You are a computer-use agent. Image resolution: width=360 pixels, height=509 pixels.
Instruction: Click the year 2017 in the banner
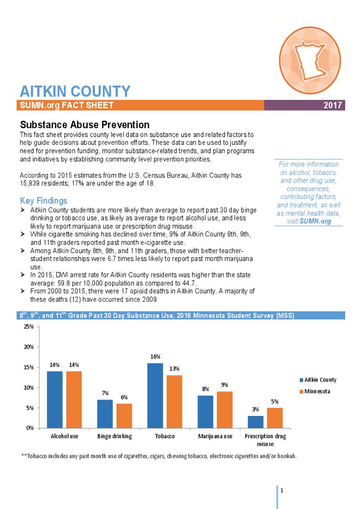[x=333, y=105]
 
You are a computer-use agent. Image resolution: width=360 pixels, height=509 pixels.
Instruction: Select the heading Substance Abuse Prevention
[x=85, y=125]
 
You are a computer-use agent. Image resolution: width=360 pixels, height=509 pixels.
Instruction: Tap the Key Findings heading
[x=44, y=201]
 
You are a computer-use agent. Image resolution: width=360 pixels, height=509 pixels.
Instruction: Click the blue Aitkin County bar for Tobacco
[x=155, y=395]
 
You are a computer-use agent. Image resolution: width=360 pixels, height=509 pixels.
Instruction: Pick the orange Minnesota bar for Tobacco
[x=175, y=401]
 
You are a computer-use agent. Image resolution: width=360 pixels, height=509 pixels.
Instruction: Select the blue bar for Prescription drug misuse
[x=255, y=422]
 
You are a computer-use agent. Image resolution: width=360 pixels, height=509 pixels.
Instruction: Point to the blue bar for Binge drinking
[x=105, y=414]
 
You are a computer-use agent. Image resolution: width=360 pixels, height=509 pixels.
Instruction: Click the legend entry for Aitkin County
[x=320, y=380]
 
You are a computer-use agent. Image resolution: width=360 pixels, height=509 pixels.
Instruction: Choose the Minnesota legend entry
[x=317, y=391]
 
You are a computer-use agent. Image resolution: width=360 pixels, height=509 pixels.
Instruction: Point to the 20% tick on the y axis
[x=28, y=347]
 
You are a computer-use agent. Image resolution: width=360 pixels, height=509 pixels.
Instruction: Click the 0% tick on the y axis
[x=30, y=428]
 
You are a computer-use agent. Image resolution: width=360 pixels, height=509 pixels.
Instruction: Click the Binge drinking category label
[x=115, y=436]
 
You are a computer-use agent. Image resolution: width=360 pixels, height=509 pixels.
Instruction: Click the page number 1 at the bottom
[x=281, y=490]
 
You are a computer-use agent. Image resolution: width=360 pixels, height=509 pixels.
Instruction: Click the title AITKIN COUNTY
[x=75, y=91]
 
